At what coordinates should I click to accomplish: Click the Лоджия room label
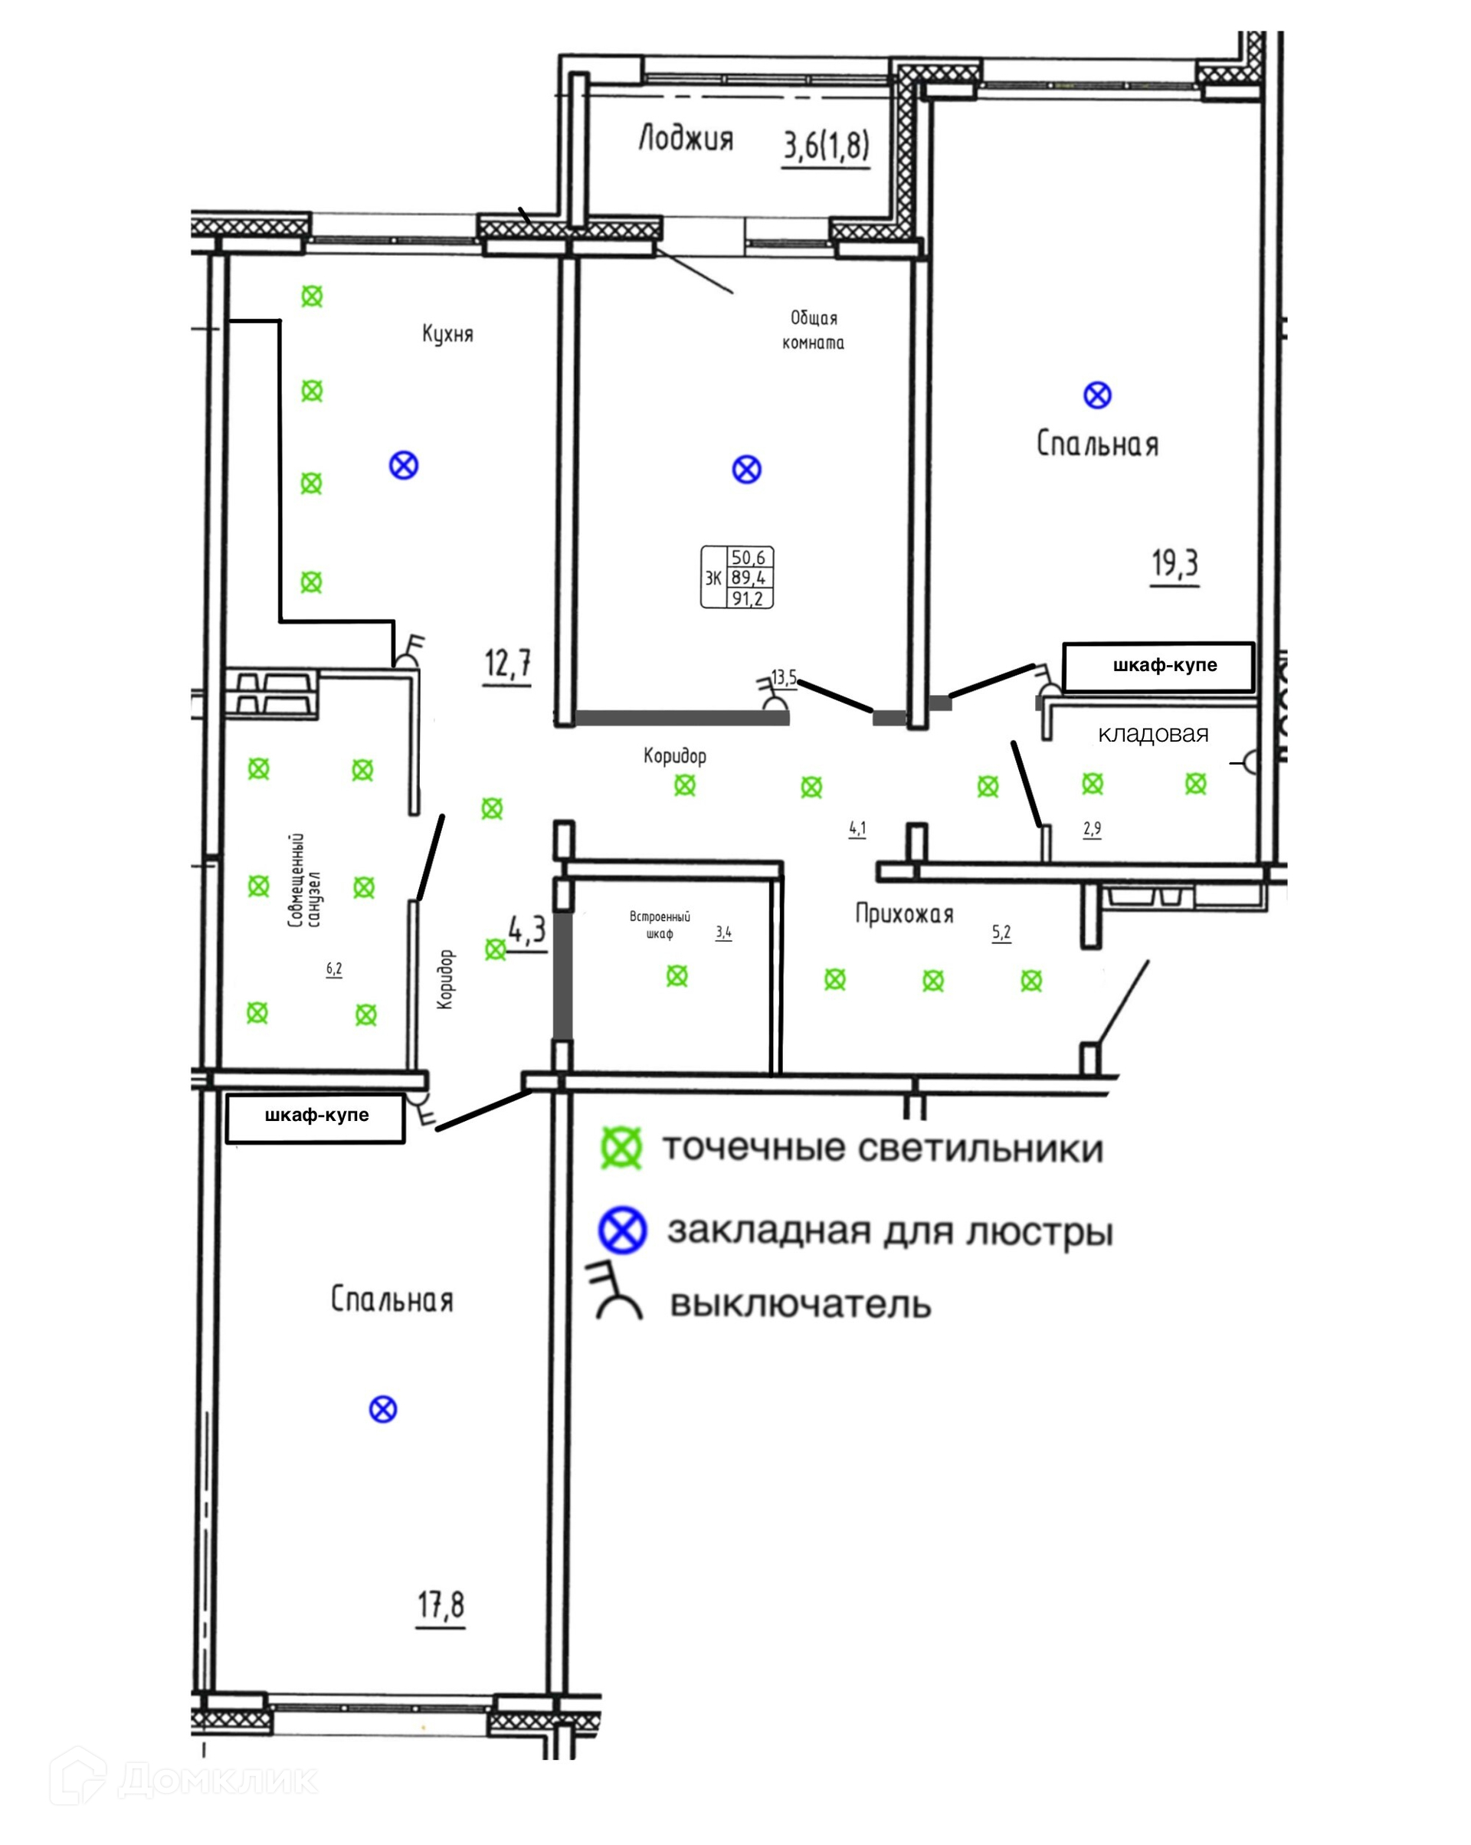[686, 139]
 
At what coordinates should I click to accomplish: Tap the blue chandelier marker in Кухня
[404, 467]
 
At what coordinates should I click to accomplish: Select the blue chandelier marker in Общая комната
[747, 470]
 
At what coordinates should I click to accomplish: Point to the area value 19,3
[1175, 564]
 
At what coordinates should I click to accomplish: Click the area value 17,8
[441, 1605]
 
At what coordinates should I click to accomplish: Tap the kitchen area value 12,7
[507, 664]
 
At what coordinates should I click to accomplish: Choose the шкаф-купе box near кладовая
[1158, 667]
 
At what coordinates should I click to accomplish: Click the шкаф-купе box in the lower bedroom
[316, 1117]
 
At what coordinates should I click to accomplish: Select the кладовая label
[1153, 734]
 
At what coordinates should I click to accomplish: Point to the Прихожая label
[905, 914]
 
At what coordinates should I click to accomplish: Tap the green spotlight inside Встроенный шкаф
[677, 975]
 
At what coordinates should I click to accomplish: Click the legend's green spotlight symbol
[621, 1149]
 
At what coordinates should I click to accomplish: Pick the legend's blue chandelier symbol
[622, 1231]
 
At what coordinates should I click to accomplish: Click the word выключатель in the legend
[800, 1305]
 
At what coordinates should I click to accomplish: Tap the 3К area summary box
[737, 578]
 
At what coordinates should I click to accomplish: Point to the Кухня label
[447, 334]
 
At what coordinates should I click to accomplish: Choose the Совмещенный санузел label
[305, 880]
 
